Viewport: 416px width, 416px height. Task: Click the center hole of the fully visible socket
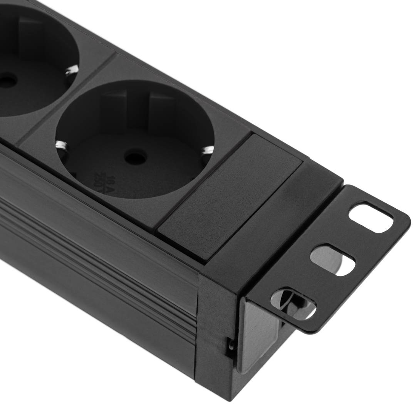tap(135, 157)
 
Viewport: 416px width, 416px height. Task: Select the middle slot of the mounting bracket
tap(332, 260)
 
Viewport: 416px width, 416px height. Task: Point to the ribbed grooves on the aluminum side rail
tap(96, 277)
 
